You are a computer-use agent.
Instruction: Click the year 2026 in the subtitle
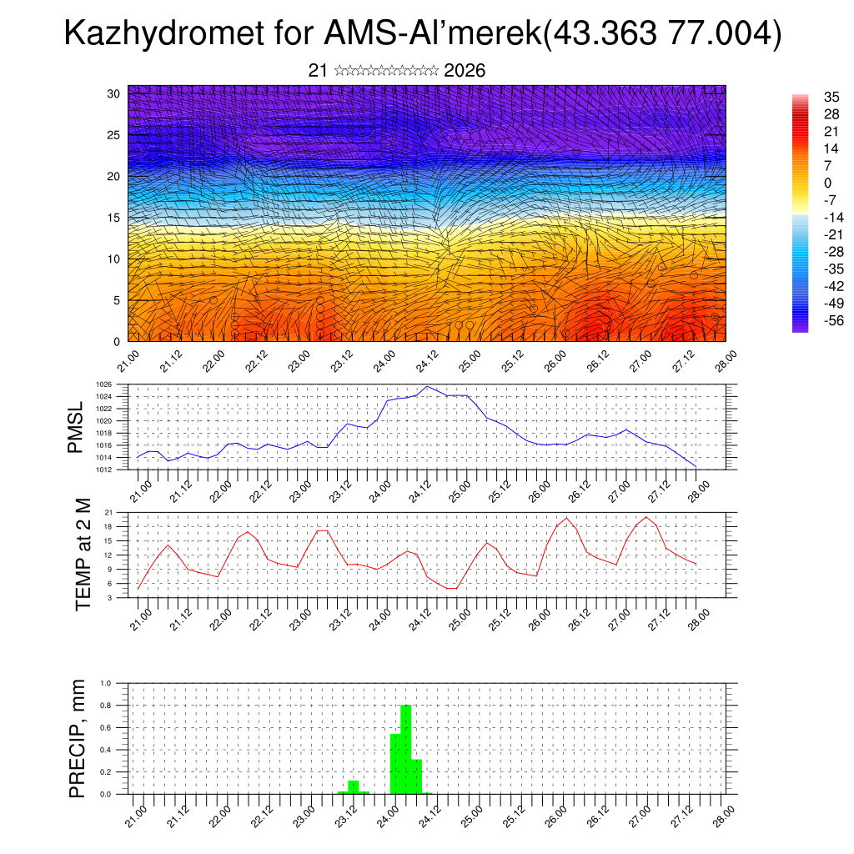(x=465, y=71)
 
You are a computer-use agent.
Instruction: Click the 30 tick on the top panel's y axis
(x=114, y=93)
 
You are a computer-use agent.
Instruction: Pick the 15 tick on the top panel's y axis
(x=114, y=218)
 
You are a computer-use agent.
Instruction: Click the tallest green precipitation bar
(x=406, y=749)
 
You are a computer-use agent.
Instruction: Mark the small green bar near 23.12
(x=354, y=787)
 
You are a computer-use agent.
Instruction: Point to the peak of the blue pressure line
(x=427, y=386)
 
